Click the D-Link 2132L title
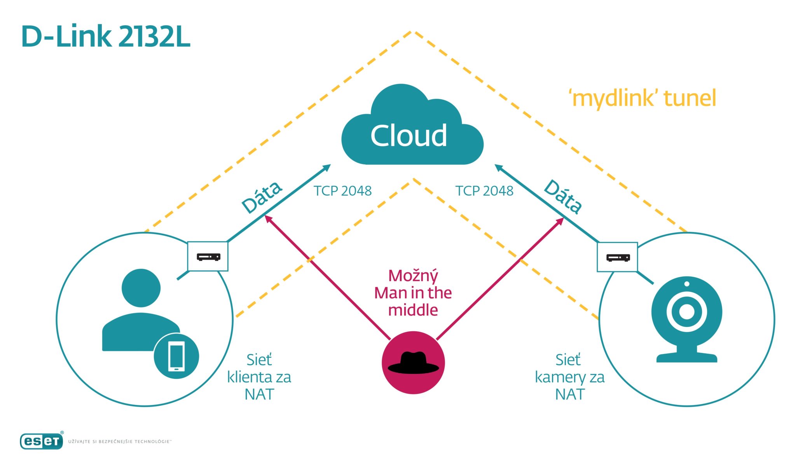pyautogui.click(x=106, y=37)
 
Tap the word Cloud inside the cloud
pyautogui.click(x=408, y=136)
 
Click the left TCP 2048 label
pyautogui.click(x=342, y=191)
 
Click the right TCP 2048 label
pyautogui.click(x=484, y=191)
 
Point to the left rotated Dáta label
pyautogui.click(x=262, y=197)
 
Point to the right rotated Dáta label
pyautogui.click(x=563, y=196)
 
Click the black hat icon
pyautogui.click(x=413, y=363)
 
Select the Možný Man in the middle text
pyautogui.click(x=413, y=293)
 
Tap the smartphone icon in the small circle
pyautogui.click(x=176, y=356)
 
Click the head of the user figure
pyautogui.click(x=141, y=288)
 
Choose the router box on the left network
pyautogui.click(x=208, y=257)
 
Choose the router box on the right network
pyautogui.click(x=617, y=257)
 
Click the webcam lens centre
pyautogui.click(x=686, y=312)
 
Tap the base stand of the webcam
pyautogui.click(x=686, y=357)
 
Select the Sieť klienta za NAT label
pyautogui.click(x=259, y=377)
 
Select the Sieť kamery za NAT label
pyautogui.click(x=569, y=377)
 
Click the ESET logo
pyautogui.click(x=42, y=441)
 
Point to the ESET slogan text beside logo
pyautogui.click(x=119, y=442)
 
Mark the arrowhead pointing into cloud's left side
pyautogui.click(x=326, y=168)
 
